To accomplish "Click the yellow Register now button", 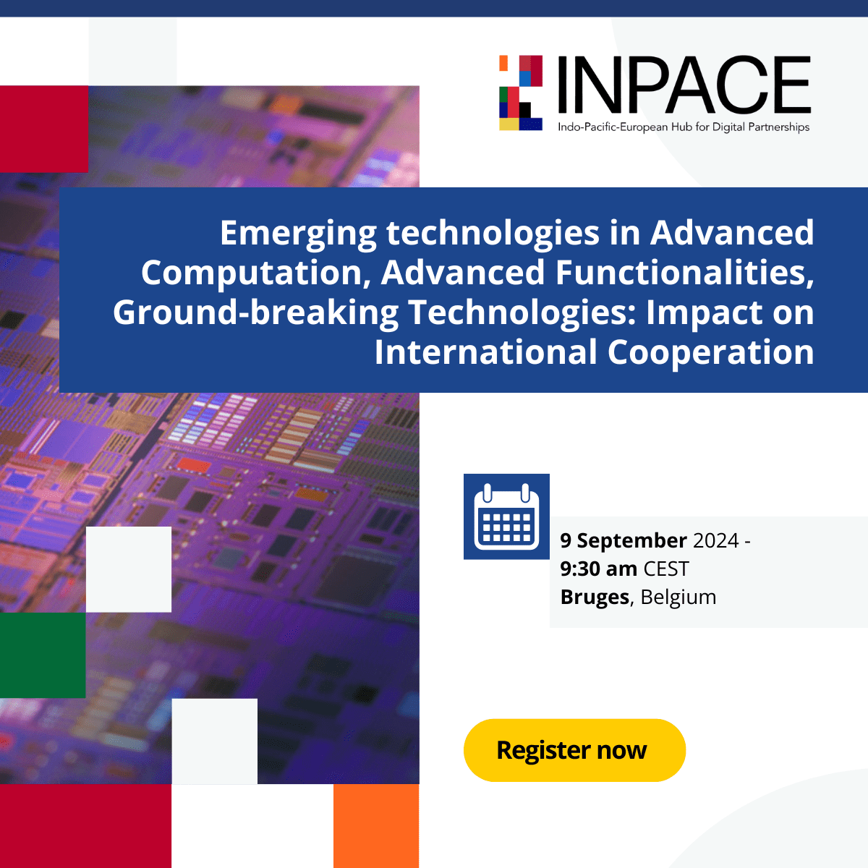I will tap(574, 750).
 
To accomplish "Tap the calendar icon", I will tap(506, 516).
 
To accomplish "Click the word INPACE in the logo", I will tap(684, 86).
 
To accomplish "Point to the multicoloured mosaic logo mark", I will tap(521, 93).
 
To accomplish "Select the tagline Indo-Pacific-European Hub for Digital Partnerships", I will tap(683, 127).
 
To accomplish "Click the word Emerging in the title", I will tap(298, 234).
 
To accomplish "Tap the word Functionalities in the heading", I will tap(684, 273).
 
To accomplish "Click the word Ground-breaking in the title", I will tap(255, 312).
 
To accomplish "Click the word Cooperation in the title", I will tap(710, 352).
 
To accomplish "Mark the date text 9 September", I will tap(624, 540).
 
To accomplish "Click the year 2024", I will tap(715, 540).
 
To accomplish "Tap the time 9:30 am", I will tap(598, 569).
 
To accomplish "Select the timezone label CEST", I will tap(666, 569).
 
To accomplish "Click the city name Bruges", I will tap(595, 597).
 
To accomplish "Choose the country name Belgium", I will tap(678, 597).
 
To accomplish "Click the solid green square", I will tap(43, 655).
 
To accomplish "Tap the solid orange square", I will tap(376, 825).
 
